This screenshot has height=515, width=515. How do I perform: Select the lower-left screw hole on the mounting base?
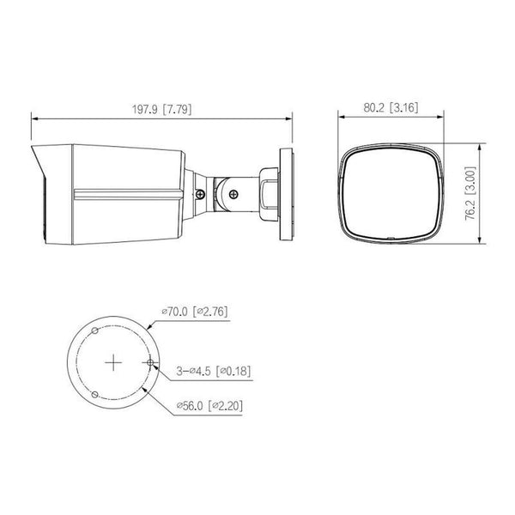coord(95,394)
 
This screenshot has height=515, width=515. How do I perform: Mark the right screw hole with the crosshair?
coord(151,363)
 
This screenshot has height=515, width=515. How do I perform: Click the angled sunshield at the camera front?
coord(39,193)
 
